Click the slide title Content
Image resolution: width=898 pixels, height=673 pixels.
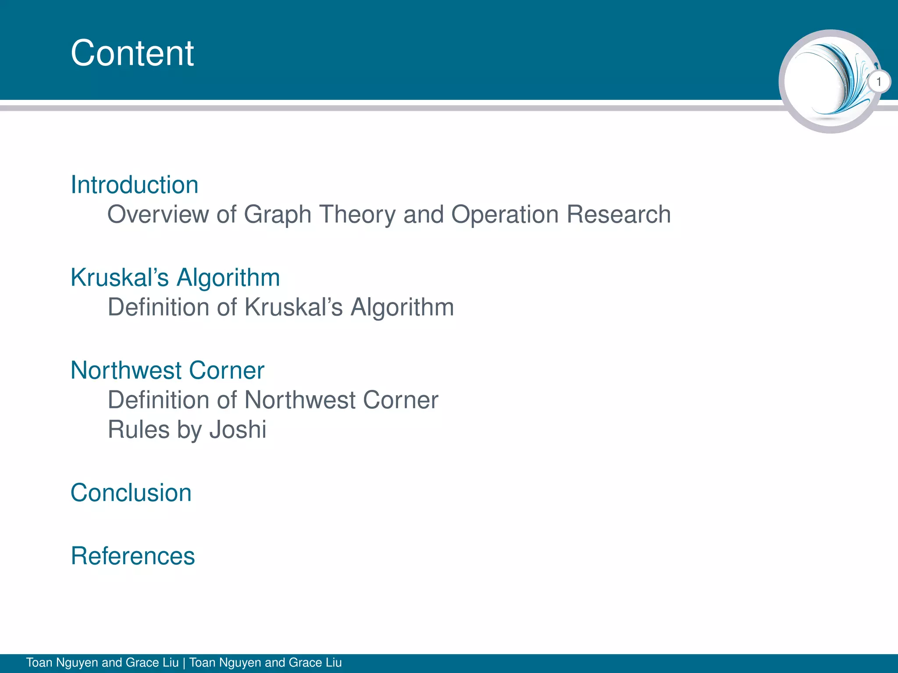pyautogui.click(x=132, y=53)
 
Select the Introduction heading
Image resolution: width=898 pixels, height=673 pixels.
pyautogui.click(x=134, y=184)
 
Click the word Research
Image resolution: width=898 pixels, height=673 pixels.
pyautogui.click(x=618, y=215)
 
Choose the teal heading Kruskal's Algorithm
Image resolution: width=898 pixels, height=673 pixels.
pyautogui.click(x=175, y=277)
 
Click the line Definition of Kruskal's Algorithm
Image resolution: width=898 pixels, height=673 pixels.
pyautogui.click(x=281, y=307)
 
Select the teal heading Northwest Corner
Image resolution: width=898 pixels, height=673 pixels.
pyautogui.click(x=167, y=370)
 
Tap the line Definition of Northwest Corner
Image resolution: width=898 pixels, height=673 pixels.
pyautogui.click(x=273, y=400)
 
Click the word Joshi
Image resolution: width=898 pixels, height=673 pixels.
pyautogui.click(x=238, y=429)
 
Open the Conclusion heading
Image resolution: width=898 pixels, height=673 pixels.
pyautogui.click(x=131, y=492)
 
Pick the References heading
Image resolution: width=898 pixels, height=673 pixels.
pyautogui.click(x=132, y=556)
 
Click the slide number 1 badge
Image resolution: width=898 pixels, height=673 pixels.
pyautogui.click(x=879, y=82)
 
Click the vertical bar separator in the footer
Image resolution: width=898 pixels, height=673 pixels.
pyautogui.click(x=184, y=662)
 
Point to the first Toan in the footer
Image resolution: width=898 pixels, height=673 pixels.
pyautogui.click(x=39, y=662)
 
